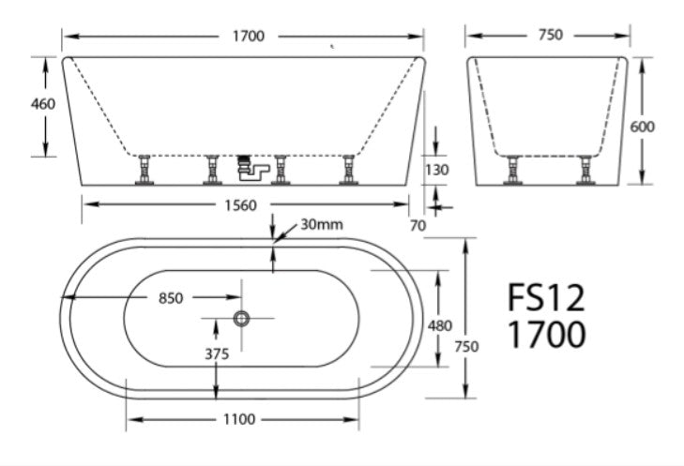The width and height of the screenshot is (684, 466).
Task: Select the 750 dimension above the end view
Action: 551,35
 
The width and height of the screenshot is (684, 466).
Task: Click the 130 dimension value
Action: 437,170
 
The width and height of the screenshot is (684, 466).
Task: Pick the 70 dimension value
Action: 418,225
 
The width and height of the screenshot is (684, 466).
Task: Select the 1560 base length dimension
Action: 243,206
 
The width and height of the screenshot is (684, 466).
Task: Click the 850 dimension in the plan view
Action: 170,298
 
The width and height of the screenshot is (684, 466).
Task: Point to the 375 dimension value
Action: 217,353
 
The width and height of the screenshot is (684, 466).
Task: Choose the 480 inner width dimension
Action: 439,325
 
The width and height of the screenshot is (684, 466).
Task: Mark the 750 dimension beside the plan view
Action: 466,346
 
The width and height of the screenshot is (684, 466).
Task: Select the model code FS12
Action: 546,298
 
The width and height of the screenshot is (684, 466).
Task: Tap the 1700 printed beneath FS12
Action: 546,334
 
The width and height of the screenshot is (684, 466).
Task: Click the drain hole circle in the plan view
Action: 242,319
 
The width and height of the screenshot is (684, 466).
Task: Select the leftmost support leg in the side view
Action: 144,170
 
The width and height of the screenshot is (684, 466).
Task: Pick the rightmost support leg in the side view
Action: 346,170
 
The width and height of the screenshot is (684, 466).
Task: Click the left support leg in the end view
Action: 513,170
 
